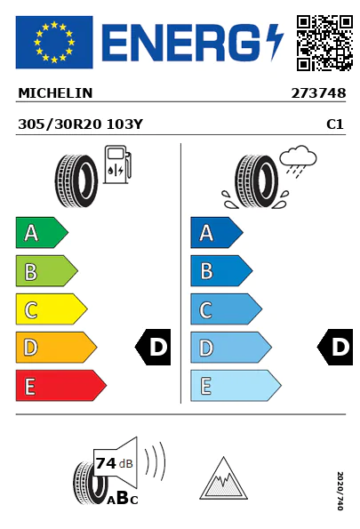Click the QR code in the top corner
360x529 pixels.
(324, 43)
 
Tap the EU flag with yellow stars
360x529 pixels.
(54, 42)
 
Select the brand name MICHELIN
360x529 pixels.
(55, 93)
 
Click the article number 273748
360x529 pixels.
(318, 93)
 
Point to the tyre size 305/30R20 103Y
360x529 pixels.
(81, 124)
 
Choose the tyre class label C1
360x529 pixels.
(335, 124)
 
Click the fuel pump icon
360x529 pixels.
(117, 164)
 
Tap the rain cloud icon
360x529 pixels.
(298, 161)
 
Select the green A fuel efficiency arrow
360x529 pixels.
(42, 232)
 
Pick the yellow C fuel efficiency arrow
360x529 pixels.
(52, 309)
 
